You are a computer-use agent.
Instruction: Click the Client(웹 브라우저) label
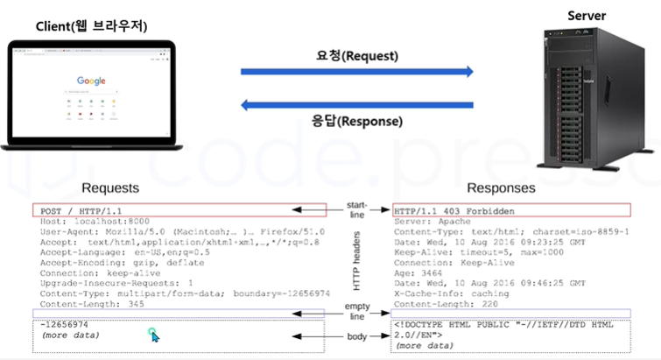[x=92, y=26]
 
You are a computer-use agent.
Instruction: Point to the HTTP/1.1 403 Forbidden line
[x=453, y=211]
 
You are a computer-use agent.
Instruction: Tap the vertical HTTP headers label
[x=358, y=264]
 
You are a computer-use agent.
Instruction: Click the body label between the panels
[x=357, y=337]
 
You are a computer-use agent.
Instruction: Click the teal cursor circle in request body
[x=154, y=334]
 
